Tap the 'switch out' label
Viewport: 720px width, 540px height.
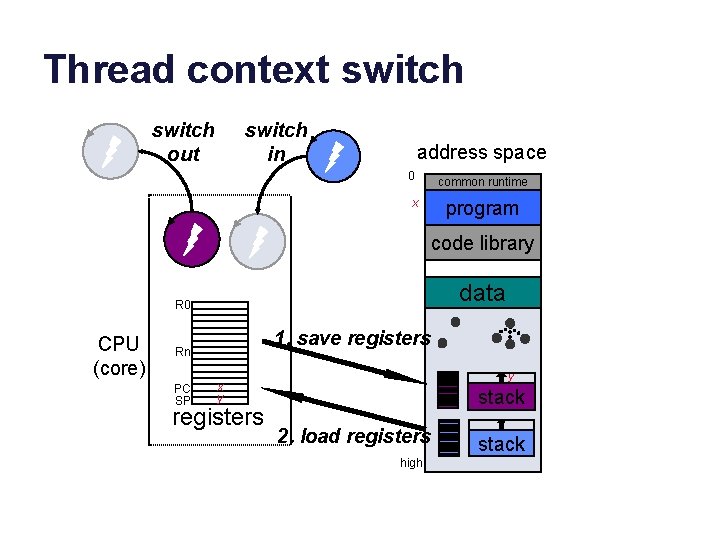click(183, 142)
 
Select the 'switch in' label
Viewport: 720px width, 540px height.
click(276, 142)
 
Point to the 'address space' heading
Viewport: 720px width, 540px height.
click(481, 152)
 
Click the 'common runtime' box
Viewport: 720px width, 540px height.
click(482, 182)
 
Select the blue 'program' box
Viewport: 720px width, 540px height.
click(482, 208)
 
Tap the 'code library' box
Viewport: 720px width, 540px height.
click(482, 243)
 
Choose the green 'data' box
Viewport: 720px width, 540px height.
click(482, 293)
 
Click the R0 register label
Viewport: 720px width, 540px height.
click(183, 305)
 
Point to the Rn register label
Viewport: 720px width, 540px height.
click(183, 352)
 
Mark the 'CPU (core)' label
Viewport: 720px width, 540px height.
click(119, 356)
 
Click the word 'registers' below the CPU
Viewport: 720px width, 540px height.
click(218, 417)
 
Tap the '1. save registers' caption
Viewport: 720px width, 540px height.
click(352, 338)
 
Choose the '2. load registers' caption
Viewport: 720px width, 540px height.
click(354, 436)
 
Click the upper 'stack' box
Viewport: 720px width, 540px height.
click(501, 397)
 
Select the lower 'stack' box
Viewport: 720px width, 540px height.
click(501, 444)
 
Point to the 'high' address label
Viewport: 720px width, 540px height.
click(411, 463)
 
